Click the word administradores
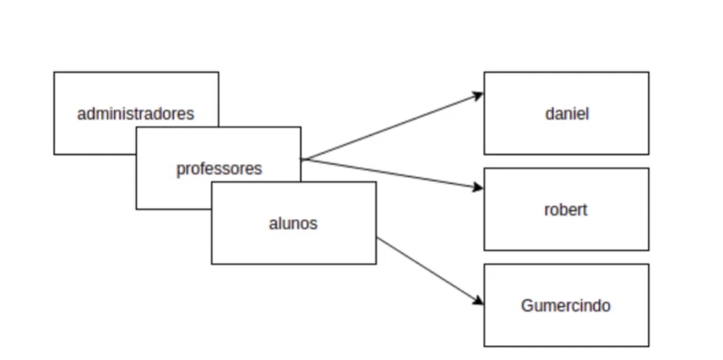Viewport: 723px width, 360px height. (136, 113)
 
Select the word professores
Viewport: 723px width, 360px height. (219, 168)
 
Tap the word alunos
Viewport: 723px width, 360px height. (293, 224)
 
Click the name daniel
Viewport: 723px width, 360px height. (567, 113)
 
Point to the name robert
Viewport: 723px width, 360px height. (566, 210)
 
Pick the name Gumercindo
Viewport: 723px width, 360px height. (566, 305)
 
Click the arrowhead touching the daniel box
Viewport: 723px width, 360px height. (479, 95)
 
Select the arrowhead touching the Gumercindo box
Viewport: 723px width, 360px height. (479, 301)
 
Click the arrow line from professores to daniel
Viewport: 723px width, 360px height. (393, 127)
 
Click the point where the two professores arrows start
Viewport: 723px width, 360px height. (302, 159)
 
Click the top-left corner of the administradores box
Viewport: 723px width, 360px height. (54, 72)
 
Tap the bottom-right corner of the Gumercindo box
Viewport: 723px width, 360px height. (649, 346)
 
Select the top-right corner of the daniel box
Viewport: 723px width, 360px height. (649, 72)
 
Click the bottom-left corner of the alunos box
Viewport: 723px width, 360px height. (212, 263)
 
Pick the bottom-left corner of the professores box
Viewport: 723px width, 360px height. (137, 209)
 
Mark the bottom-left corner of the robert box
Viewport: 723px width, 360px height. (485, 250)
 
